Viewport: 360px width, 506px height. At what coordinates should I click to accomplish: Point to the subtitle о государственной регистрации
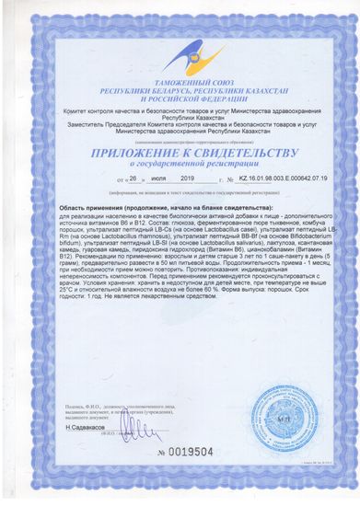(x=180, y=165)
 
